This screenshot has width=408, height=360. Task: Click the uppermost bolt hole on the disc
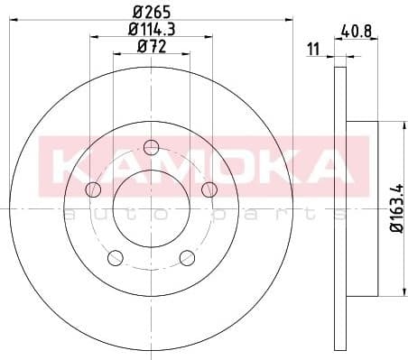(151, 147)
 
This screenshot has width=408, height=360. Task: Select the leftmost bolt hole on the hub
(92, 189)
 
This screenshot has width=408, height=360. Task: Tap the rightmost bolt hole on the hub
(209, 189)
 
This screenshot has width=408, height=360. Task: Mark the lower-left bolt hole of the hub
(115, 259)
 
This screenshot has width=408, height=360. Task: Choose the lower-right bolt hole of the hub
(187, 259)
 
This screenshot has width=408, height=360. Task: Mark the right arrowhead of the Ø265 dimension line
(290, 20)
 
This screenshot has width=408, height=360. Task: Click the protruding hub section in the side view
(359, 208)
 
